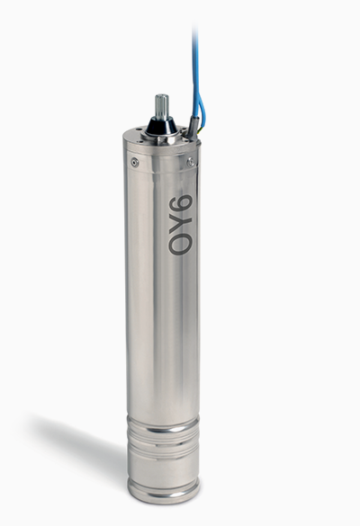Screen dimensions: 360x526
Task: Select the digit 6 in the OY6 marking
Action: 180,203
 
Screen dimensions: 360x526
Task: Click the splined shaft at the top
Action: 161,106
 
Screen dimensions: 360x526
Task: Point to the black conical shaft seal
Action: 161,125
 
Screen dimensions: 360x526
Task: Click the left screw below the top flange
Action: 135,163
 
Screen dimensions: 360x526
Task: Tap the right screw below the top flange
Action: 191,163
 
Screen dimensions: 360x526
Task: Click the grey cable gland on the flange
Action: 193,126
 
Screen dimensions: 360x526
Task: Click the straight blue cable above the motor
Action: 194,67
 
